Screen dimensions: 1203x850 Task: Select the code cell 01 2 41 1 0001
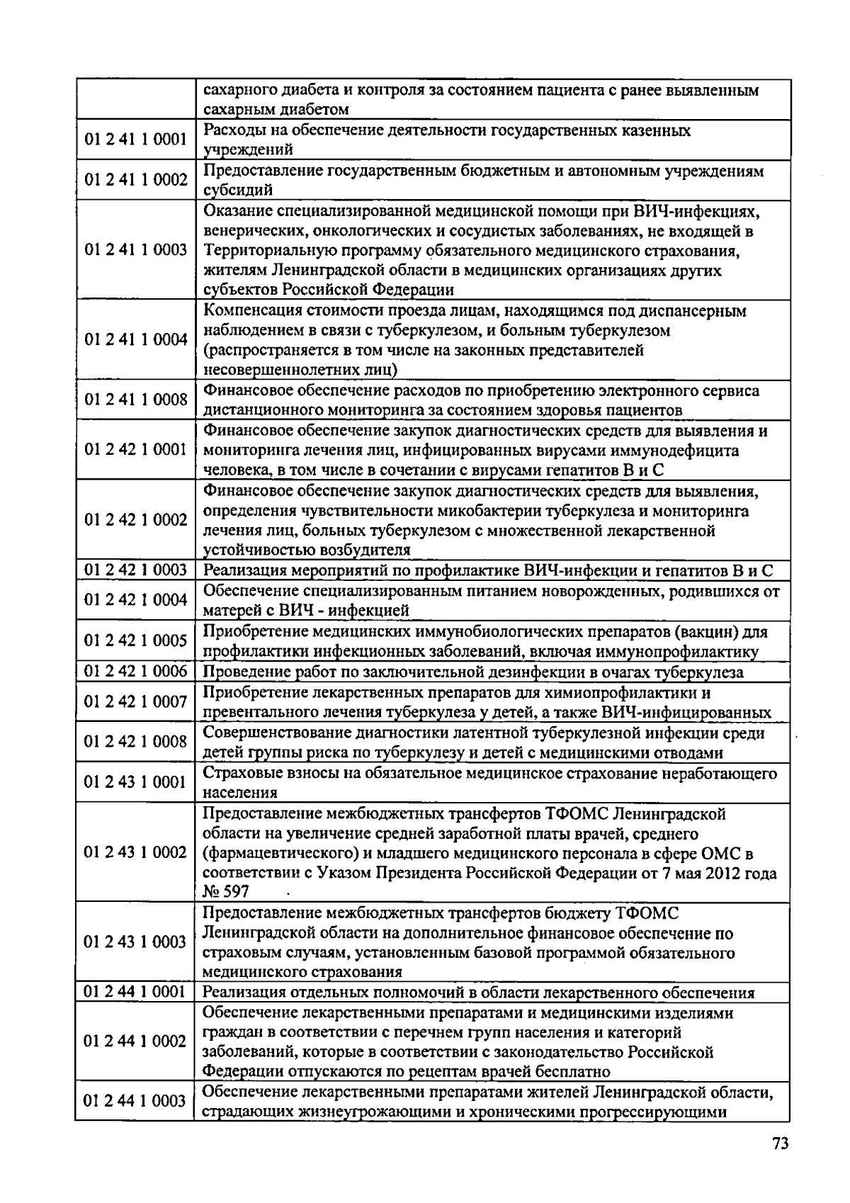click(x=136, y=140)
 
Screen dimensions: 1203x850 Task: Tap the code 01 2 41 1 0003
click(x=136, y=249)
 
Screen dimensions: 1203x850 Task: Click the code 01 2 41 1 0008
click(x=136, y=400)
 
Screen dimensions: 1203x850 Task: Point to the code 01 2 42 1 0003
click(x=136, y=570)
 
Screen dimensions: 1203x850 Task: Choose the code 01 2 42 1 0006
click(x=136, y=671)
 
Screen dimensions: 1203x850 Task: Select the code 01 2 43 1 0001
click(x=136, y=781)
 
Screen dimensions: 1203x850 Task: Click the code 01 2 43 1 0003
click(x=136, y=942)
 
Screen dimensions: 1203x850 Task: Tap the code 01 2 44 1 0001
click(x=136, y=991)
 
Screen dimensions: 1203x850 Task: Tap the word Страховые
click(x=237, y=773)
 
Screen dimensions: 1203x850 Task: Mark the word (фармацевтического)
click(x=275, y=853)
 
